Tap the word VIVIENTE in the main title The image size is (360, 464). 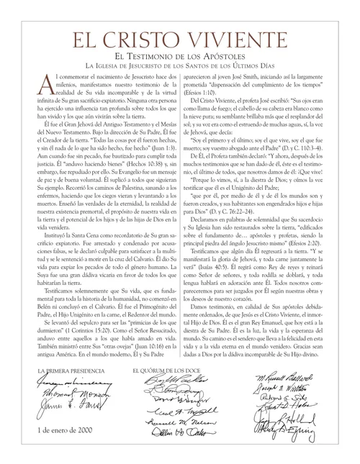248,38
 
